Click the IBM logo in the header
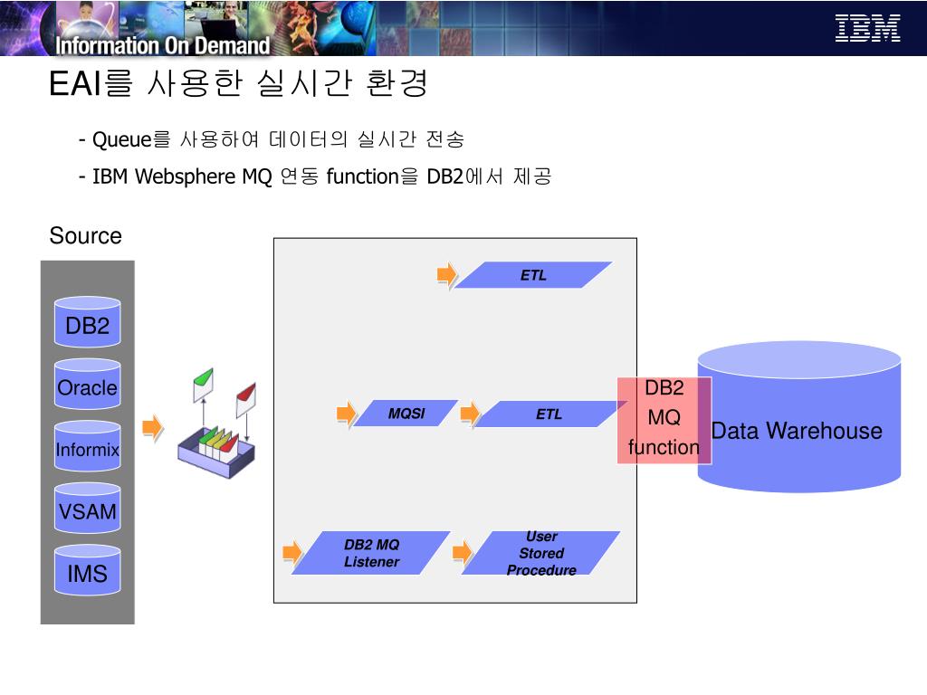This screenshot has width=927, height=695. (x=867, y=28)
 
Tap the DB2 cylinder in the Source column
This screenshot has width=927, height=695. (x=87, y=325)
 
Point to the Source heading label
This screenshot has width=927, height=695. (x=85, y=236)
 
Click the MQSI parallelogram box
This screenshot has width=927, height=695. (x=406, y=414)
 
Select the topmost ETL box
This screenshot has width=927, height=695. (x=533, y=275)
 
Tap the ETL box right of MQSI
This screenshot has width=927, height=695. (x=549, y=414)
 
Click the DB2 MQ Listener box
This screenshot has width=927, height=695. (x=371, y=553)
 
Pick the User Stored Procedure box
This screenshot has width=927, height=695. (x=541, y=553)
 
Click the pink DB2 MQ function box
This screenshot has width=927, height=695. (x=664, y=419)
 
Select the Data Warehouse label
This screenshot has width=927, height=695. (x=797, y=431)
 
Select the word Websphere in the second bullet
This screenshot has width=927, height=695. (x=185, y=176)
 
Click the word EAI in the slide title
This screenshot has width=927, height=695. (x=76, y=85)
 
